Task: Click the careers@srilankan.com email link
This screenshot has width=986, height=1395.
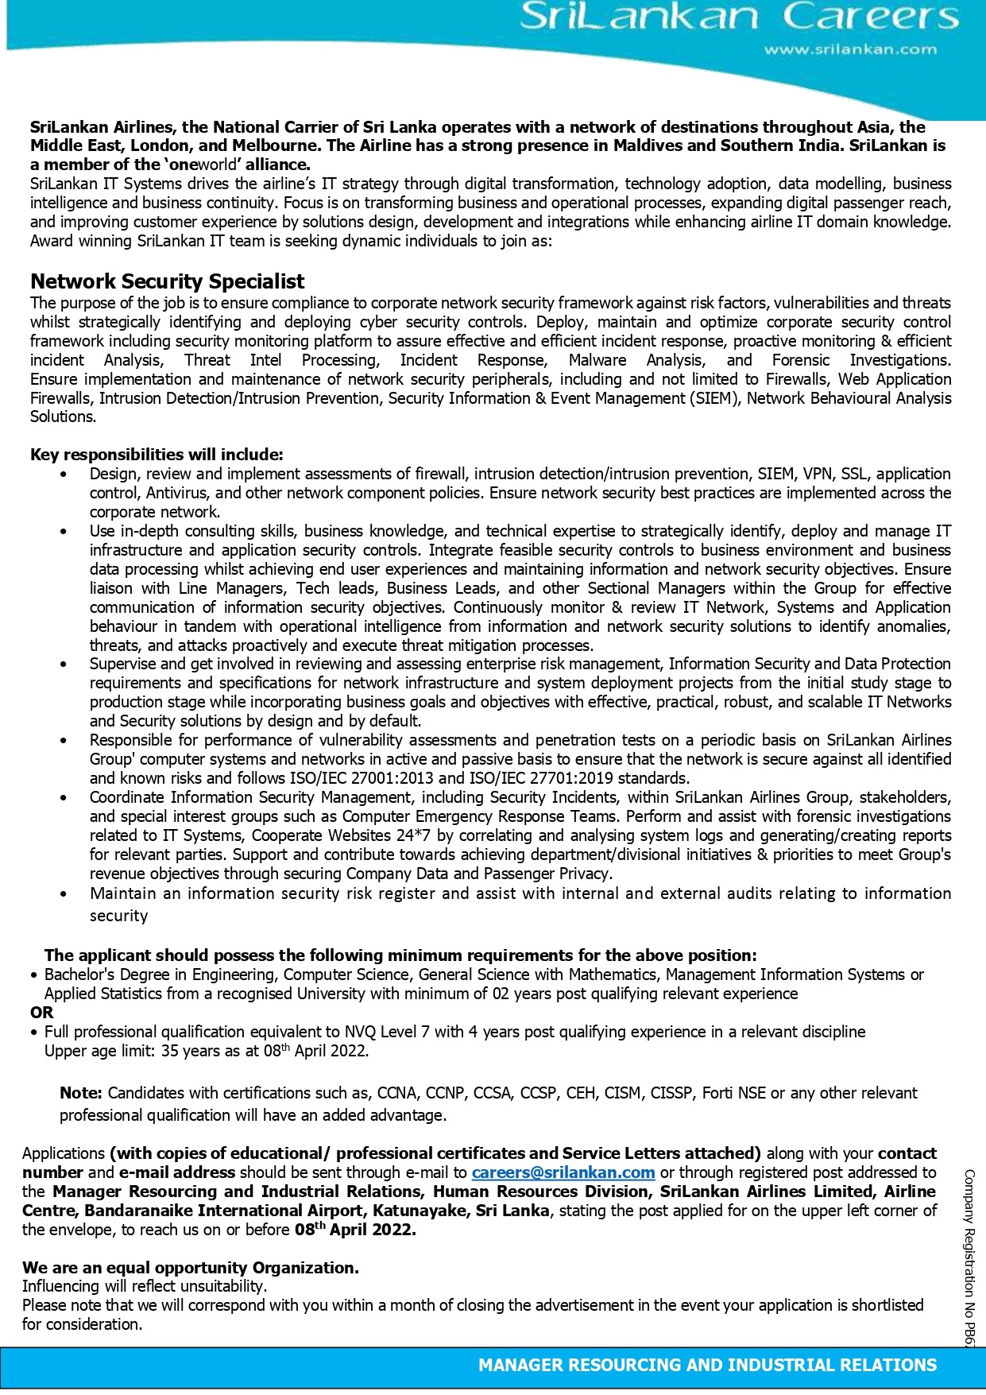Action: (563, 1172)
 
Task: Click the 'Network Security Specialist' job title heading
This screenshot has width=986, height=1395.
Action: (167, 281)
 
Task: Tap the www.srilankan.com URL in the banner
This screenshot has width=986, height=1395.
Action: (850, 49)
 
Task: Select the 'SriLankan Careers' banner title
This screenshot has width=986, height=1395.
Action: (739, 17)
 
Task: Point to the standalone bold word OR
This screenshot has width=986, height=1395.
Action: (42, 1013)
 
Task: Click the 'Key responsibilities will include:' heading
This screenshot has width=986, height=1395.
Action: (157, 455)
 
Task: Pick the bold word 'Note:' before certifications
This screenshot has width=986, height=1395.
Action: (81, 1093)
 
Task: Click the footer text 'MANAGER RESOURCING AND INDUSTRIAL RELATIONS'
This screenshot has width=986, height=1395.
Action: (707, 1366)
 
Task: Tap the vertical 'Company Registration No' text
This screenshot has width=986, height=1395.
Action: (969, 1256)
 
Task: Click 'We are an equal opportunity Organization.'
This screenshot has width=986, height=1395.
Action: (191, 1268)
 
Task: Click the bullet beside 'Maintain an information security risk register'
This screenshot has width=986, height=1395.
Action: (64, 893)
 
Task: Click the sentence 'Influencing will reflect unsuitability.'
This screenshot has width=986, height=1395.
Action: (145, 1286)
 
